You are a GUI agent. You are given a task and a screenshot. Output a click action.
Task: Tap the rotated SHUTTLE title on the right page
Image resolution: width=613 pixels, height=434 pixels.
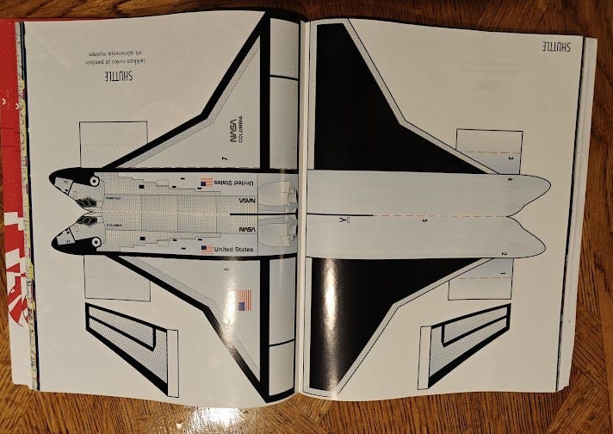click(x=560, y=46)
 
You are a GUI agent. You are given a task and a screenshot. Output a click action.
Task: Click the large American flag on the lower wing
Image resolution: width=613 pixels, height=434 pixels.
click(x=244, y=301)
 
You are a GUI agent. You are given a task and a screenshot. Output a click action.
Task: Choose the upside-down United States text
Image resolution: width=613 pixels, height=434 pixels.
click(x=233, y=182)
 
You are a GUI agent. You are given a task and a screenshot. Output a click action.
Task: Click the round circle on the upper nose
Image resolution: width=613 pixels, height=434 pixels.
click(x=95, y=182)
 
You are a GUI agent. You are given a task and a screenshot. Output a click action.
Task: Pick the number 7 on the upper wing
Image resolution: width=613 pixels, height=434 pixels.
click(x=223, y=158)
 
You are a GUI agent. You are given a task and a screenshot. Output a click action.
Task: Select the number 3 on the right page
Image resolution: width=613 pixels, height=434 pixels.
click(x=511, y=158)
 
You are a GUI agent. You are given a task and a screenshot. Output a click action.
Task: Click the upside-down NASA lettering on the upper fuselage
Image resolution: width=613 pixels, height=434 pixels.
click(x=247, y=199)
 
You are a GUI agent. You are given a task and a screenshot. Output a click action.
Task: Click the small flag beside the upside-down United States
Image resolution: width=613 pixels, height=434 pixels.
click(x=206, y=182)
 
